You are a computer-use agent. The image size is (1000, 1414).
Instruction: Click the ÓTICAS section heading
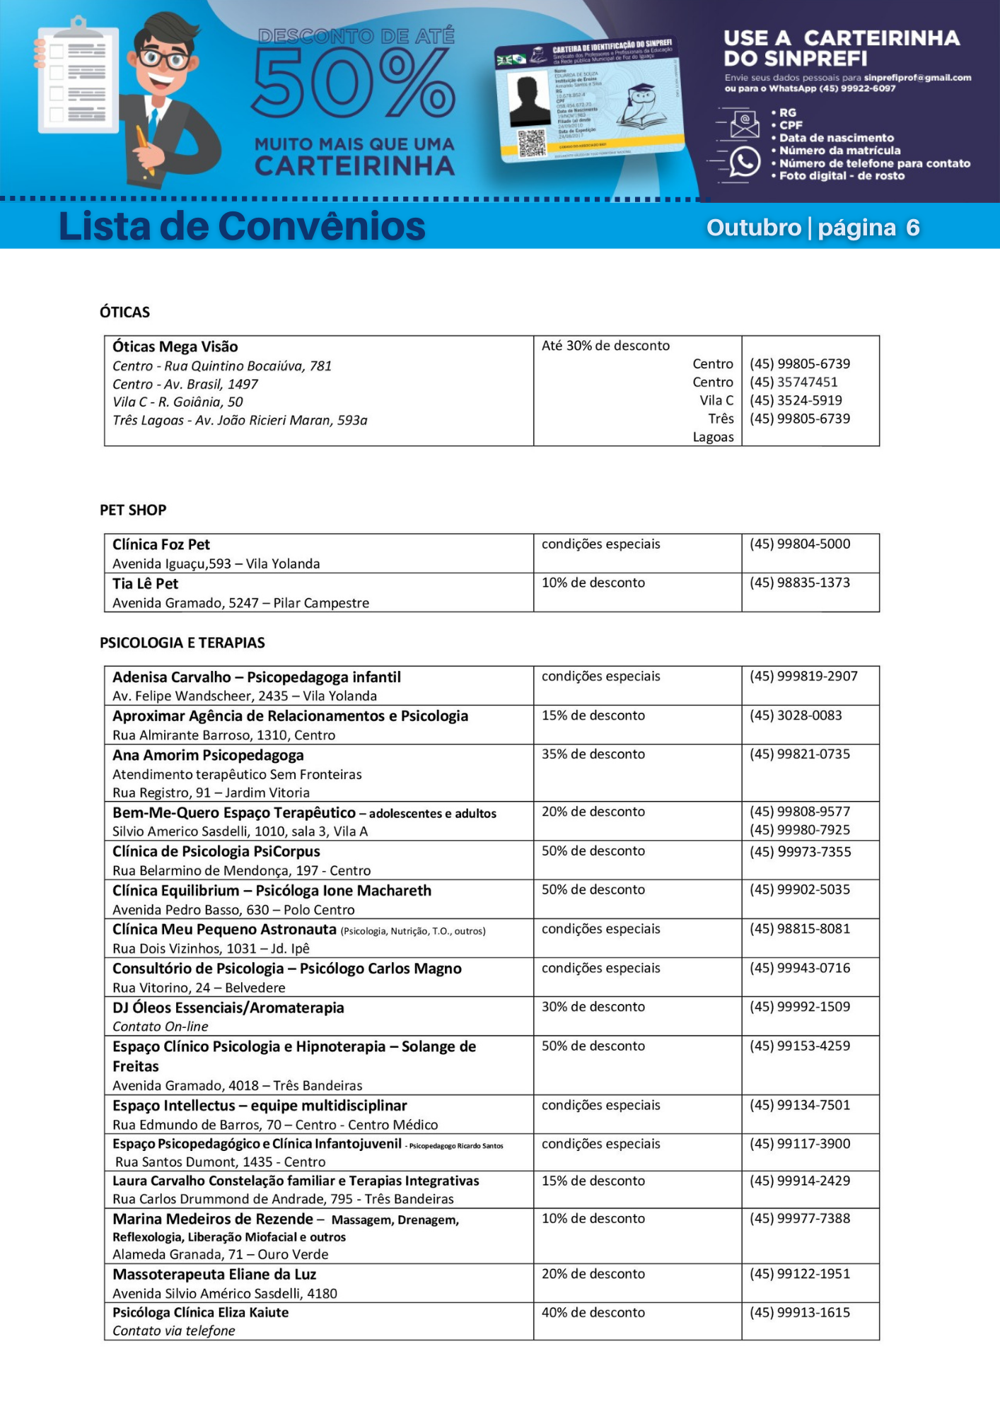[x=124, y=312]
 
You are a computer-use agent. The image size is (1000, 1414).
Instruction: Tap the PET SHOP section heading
[x=133, y=510]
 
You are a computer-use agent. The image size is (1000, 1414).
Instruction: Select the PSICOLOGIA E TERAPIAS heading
[x=182, y=643]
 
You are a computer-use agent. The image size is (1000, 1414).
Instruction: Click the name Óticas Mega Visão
[x=175, y=346]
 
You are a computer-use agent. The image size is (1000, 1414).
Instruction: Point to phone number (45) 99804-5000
[x=799, y=544]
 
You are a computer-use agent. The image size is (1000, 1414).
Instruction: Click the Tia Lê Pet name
[x=145, y=583]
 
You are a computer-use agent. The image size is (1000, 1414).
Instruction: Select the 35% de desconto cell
[x=593, y=754]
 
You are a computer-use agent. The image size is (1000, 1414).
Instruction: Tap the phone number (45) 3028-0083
[x=796, y=715]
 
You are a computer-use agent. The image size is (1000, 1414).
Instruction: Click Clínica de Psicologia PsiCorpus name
[x=216, y=851]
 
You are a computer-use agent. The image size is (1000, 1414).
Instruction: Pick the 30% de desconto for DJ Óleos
[x=593, y=1007]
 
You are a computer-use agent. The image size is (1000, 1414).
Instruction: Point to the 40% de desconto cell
[x=593, y=1312]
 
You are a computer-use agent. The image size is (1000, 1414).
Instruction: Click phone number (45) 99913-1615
[x=799, y=1312]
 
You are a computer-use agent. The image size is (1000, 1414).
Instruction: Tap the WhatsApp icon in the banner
[x=744, y=162]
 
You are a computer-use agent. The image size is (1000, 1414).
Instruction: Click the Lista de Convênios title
[x=242, y=226]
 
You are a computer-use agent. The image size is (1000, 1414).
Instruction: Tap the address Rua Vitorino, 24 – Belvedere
[x=199, y=988]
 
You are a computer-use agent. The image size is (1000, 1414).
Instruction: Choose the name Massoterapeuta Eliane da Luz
[x=214, y=1274]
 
